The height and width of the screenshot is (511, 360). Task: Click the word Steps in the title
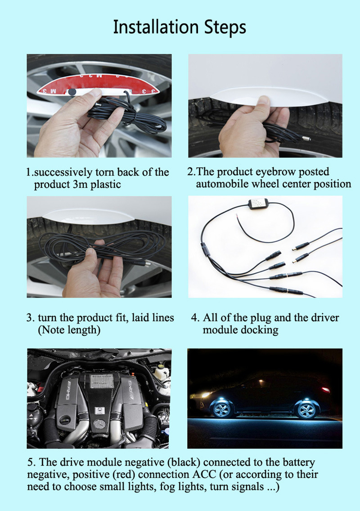coord(225,27)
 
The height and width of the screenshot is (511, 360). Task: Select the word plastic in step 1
coord(106,185)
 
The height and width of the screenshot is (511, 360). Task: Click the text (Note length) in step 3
coord(69,330)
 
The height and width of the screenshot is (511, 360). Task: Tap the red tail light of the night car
coord(325,390)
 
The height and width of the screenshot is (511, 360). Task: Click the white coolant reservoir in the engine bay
coord(161,372)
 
